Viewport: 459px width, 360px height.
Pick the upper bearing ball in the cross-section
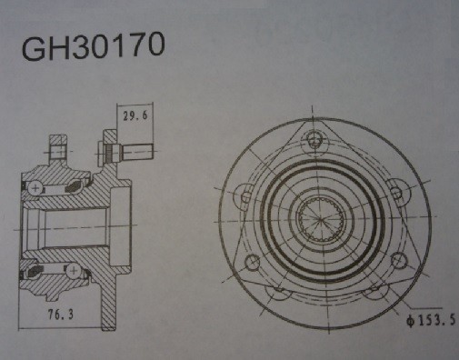pos(35,186)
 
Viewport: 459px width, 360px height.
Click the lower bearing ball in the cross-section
pos(35,270)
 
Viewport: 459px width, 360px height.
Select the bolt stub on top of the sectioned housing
pos(59,145)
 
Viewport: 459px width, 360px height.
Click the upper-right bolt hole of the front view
pos(394,192)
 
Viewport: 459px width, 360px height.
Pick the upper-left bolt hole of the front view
pos(244,194)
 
